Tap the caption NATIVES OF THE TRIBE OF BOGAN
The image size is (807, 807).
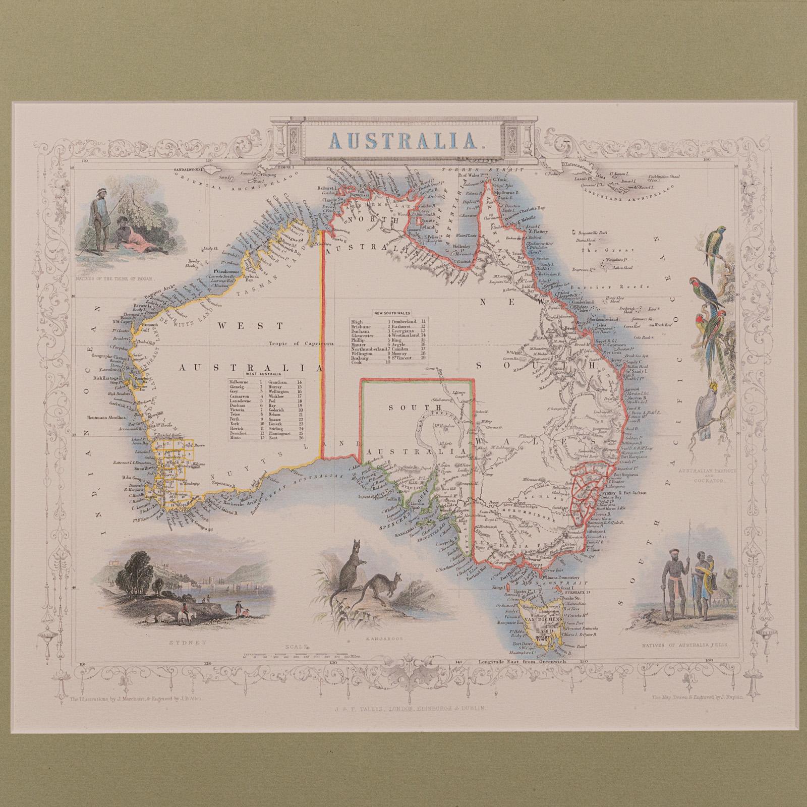[117, 277]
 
